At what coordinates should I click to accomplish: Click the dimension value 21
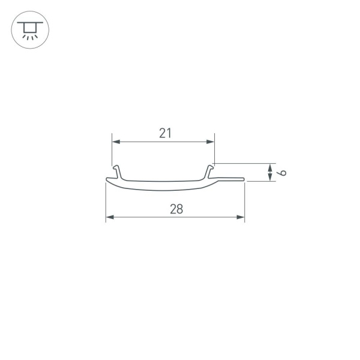pos(165,134)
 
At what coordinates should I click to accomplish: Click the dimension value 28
pos(176,209)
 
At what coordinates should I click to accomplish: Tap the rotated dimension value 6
pos(283,173)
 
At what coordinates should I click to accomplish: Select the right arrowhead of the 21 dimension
pos(211,142)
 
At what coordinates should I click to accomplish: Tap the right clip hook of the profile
pos(211,172)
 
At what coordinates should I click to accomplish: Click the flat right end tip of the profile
pos(243,179)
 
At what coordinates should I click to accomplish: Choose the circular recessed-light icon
pos(30,29)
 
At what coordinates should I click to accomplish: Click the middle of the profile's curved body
pos(162,185)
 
